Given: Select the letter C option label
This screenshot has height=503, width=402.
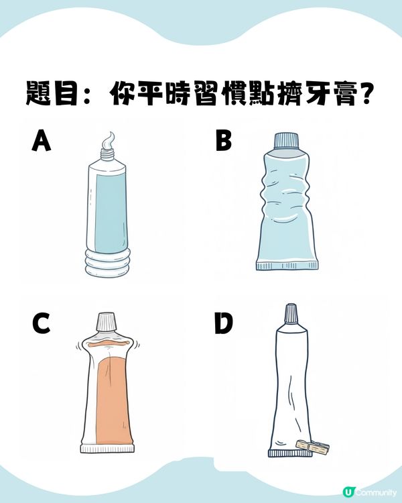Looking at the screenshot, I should click(42, 324).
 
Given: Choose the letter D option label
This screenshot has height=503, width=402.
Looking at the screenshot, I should click(222, 324).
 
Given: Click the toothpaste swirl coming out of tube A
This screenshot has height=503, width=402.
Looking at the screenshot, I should click(107, 141).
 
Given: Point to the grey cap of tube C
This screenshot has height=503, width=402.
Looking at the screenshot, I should click(106, 322).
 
